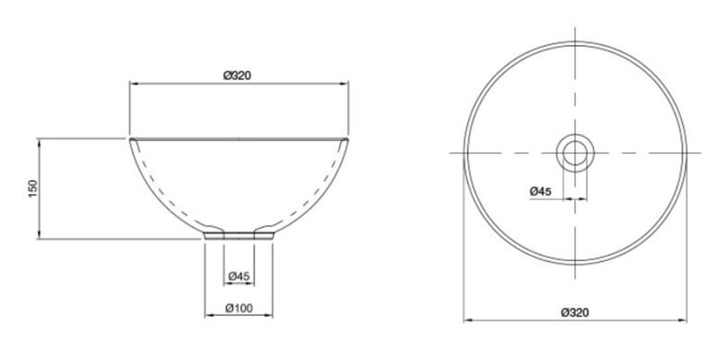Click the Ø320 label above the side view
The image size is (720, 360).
coord(238,76)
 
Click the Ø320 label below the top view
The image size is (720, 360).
coord(574,312)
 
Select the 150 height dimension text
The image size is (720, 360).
coord(32,189)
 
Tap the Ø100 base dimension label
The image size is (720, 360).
coord(238,308)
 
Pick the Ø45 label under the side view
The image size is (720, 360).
coord(238,276)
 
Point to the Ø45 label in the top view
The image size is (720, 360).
coord(541,192)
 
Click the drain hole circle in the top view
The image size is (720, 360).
coord(575,153)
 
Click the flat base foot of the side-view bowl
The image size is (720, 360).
coord(238,236)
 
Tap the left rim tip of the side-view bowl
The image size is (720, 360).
coord(130,139)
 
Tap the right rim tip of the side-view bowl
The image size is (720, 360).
coord(346,139)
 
